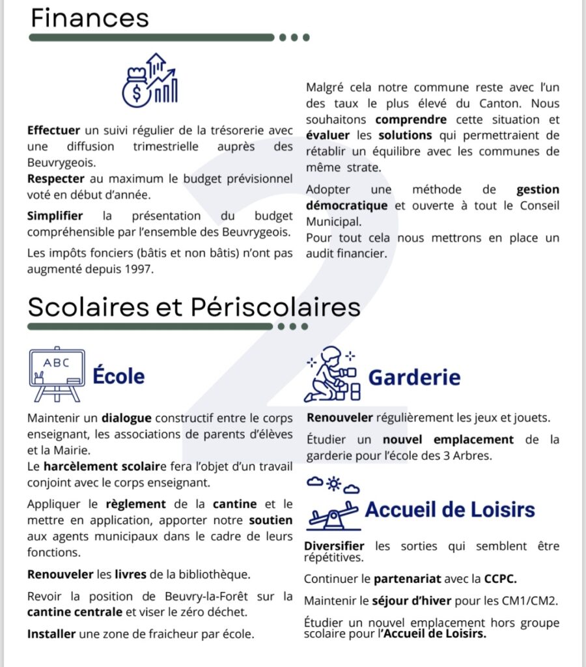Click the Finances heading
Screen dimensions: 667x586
pos(90,18)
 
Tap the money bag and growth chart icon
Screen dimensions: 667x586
pos(150,81)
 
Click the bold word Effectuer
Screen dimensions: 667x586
pos(53,130)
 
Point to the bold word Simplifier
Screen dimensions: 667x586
pos(55,216)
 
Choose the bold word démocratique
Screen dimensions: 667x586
pos(346,206)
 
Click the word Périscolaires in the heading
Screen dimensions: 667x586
pos(275,306)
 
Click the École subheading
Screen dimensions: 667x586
pos(119,376)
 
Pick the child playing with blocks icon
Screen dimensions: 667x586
pos(333,375)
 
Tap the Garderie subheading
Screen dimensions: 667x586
pos(414,377)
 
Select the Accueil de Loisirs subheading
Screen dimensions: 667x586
pos(450,509)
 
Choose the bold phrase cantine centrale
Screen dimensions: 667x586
pos(75,612)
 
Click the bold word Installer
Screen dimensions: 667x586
pos(51,634)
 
